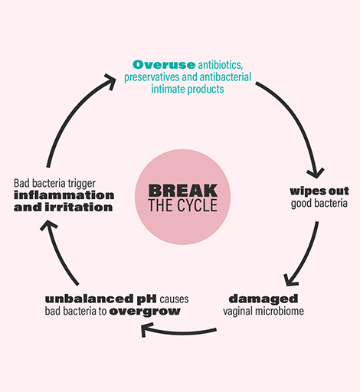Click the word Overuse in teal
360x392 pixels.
pos(164,64)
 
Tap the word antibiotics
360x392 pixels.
pos(221,65)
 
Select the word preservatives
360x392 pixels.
pos(152,77)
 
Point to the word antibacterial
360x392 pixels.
pos(225,77)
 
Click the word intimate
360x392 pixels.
pos(168,89)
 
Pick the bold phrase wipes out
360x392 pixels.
pos(319,191)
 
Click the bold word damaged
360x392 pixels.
pos(263,299)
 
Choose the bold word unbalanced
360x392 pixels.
pos(90,299)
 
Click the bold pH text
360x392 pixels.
pos(147,299)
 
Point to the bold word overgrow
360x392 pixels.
pos(145,312)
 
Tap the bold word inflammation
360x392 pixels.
pos(64,195)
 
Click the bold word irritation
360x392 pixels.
pos(79,207)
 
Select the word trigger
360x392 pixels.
pos(82,184)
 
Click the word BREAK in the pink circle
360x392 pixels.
pos(183,191)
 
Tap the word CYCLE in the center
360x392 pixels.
pos(198,205)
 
